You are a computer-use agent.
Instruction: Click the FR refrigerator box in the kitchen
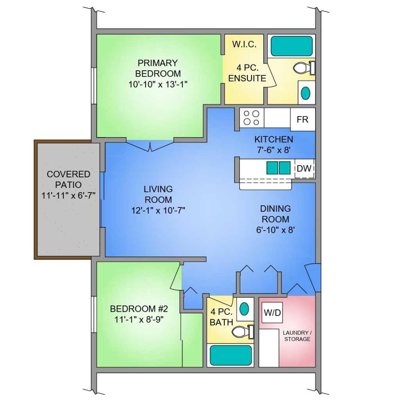tap(302, 119)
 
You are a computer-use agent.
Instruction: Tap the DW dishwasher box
tap(304, 168)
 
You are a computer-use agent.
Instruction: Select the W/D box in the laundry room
tap(272, 312)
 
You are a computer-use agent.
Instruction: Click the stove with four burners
tap(251, 118)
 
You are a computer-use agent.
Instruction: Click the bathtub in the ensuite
tap(291, 46)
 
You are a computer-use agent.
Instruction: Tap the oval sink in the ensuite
tap(306, 93)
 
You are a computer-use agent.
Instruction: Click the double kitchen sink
tap(278, 168)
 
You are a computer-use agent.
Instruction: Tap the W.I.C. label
tap(244, 45)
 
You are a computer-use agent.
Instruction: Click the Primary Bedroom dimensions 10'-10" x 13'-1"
tap(158, 84)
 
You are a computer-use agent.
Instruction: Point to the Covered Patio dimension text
tap(68, 195)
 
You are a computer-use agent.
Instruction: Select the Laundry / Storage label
tap(297, 336)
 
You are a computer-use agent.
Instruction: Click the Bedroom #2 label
tap(139, 309)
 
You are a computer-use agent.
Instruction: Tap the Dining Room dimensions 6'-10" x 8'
tap(276, 230)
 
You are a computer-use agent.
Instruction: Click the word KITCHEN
tap(273, 139)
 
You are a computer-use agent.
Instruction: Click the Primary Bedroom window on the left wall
tap(94, 86)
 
